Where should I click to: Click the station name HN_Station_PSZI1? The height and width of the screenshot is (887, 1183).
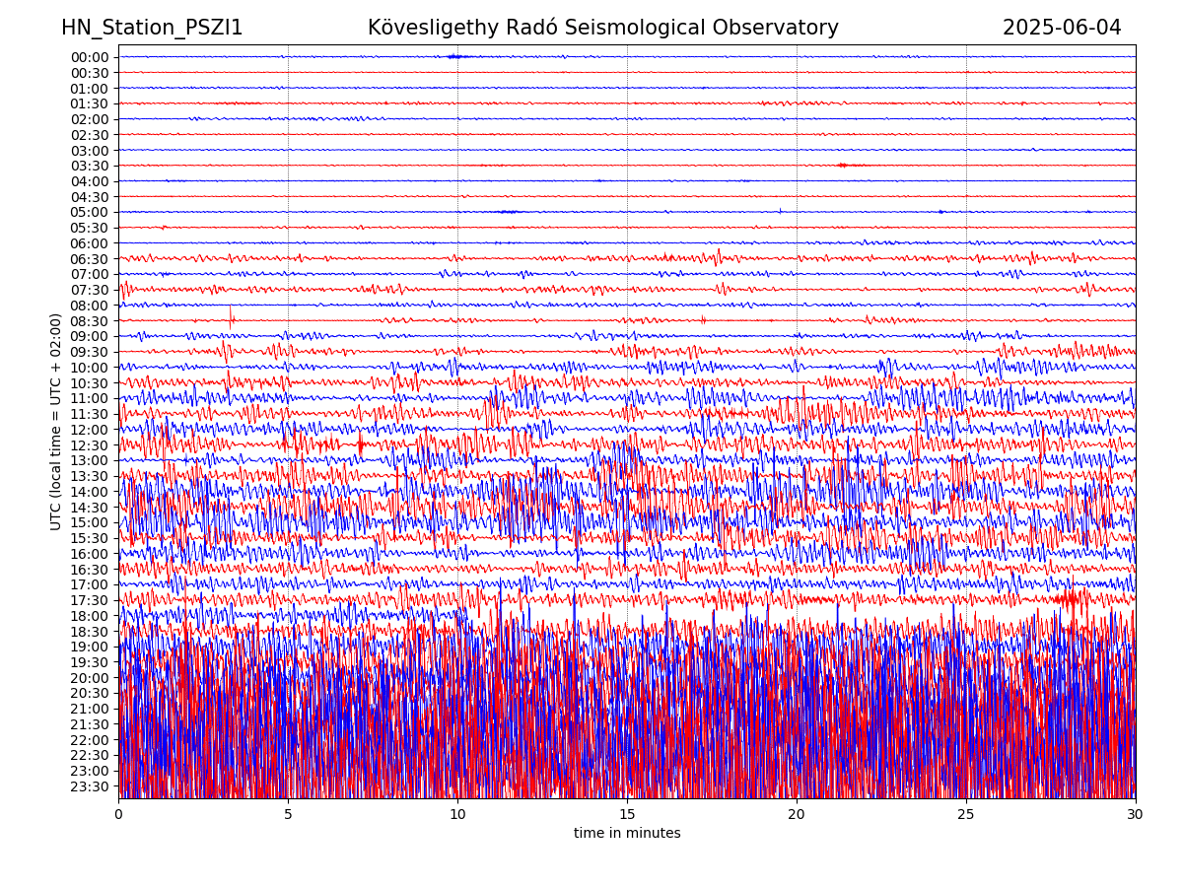coord(152,28)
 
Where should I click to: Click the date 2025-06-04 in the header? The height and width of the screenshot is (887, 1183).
coord(1062,28)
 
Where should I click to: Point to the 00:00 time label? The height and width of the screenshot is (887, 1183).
coord(90,57)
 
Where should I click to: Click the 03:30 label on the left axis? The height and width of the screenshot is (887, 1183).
coord(90,166)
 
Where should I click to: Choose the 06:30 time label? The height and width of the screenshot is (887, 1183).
coord(90,259)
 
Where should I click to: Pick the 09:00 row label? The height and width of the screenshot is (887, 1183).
coord(90,336)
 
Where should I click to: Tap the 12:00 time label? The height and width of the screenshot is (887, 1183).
coord(90,430)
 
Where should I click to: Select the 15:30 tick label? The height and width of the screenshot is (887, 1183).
coord(90,538)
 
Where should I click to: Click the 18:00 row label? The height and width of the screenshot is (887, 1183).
coord(90,616)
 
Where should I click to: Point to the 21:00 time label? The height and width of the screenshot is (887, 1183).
coord(90,709)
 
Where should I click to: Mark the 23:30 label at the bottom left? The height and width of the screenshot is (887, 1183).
coord(90,786)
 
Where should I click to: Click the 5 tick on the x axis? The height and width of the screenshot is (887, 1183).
coord(288,815)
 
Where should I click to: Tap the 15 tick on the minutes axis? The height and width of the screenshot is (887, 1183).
coord(627,815)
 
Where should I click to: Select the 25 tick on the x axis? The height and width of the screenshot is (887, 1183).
coord(966,815)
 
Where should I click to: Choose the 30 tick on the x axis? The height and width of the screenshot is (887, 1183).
coord(1136,815)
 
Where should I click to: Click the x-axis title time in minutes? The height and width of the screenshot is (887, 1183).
coord(627,834)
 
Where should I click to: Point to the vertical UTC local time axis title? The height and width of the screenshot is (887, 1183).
coord(56,421)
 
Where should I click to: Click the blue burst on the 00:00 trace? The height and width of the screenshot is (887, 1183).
coord(453,56)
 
